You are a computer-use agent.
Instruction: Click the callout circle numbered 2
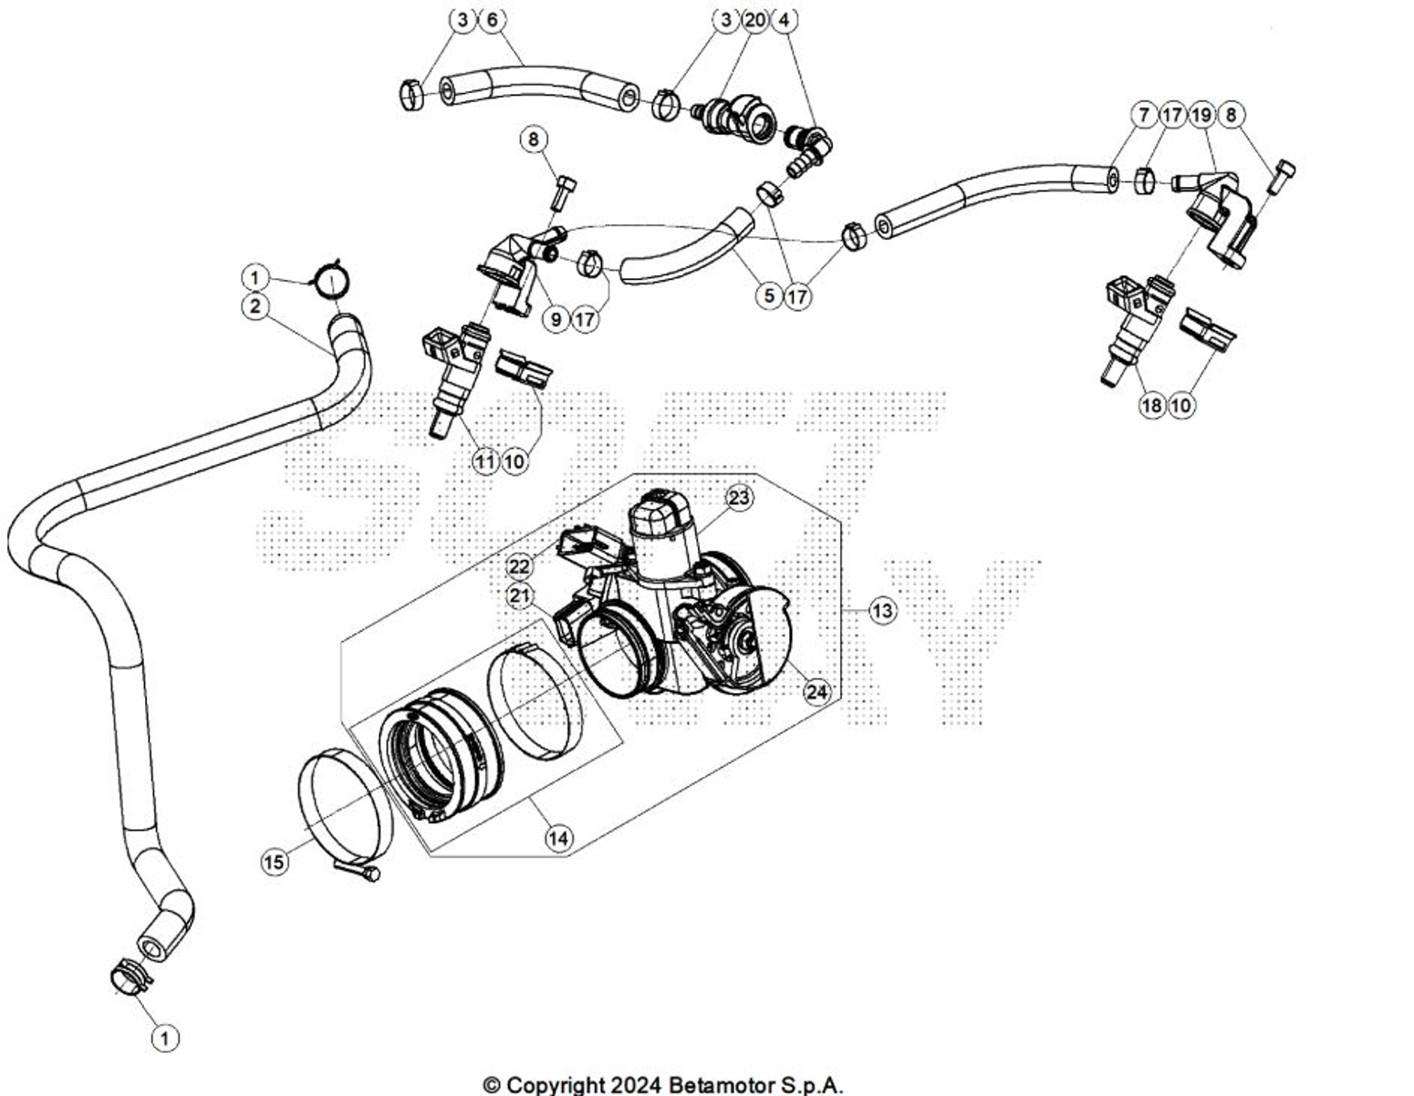pyautogui.click(x=255, y=306)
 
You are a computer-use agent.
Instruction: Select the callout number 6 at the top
pyautogui.click(x=492, y=19)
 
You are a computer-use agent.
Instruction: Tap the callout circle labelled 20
pyautogui.click(x=755, y=19)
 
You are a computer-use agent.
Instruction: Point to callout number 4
pyautogui.click(x=785, y=19)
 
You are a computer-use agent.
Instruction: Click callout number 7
pyautogui.click(x=1143, y=115)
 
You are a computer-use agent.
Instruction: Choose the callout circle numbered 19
pyautogui.click(x=1201, y=115)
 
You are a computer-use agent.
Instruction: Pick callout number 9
pyautogui.click(x=556, y=319)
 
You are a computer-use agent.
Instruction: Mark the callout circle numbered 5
pyautogui.click(x=769, y=295)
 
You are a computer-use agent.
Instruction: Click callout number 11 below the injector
pyautogui.click(x=485, y=461)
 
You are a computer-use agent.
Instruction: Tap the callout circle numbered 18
pyautogui.click(x=1152, y=405)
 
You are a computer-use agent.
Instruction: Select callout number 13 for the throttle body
pyautogui.click(x=882, y=610)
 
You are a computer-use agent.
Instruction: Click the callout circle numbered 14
pyautogui.click(x=560, y=837)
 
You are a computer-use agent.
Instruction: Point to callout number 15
pyautogui.click(x=275, y=862)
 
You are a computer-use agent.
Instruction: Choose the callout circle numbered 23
pyautogui.click(x=739, y=498)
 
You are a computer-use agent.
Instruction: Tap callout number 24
pyautogui.click(x=816, y=692)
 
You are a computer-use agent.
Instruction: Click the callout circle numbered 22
pyautogui.click(x=519, y=566)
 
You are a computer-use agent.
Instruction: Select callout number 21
pyautogui.click(x=520, y=596)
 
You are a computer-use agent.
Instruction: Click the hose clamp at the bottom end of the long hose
pyautogui.click(x=129, y=977)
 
